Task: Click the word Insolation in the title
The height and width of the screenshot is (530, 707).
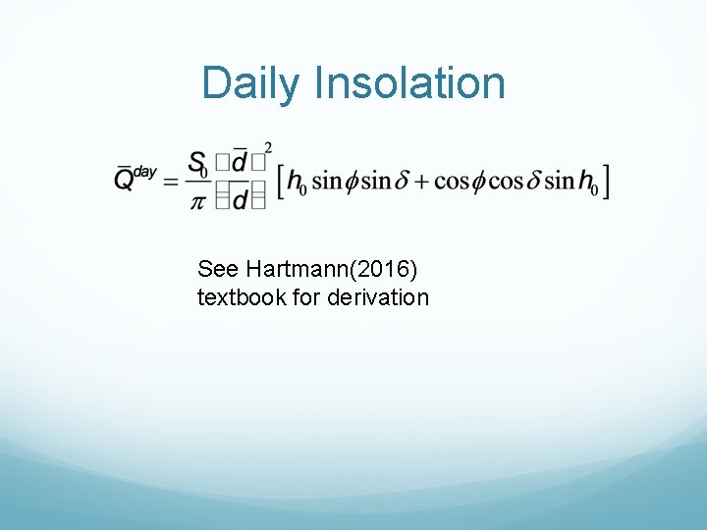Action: [409, 83]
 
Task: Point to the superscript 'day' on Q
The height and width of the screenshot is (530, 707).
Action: [145, 172]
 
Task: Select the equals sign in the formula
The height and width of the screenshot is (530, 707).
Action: [170, 183]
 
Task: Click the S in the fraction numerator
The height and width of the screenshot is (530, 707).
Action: [196, 162]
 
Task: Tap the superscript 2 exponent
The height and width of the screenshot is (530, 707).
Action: [268, 148]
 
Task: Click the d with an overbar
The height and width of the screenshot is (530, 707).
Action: [239, 162]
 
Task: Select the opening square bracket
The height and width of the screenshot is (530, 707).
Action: [281, 183]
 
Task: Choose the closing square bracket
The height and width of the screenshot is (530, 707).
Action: [607, 183]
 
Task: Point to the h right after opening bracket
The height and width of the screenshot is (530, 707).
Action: [294, 182]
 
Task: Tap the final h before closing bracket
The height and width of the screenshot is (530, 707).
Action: [586, 182]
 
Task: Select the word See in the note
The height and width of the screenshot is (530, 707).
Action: [216, 269]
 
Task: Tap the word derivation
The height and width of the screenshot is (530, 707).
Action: [378, 296]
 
